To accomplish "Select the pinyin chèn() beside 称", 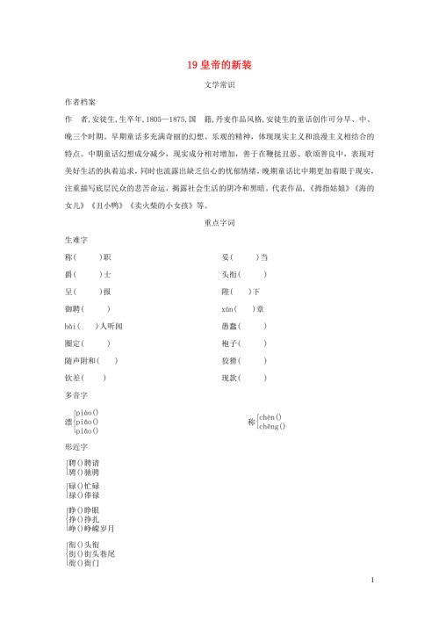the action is click(271, 416).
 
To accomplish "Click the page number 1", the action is click(373, 603).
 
